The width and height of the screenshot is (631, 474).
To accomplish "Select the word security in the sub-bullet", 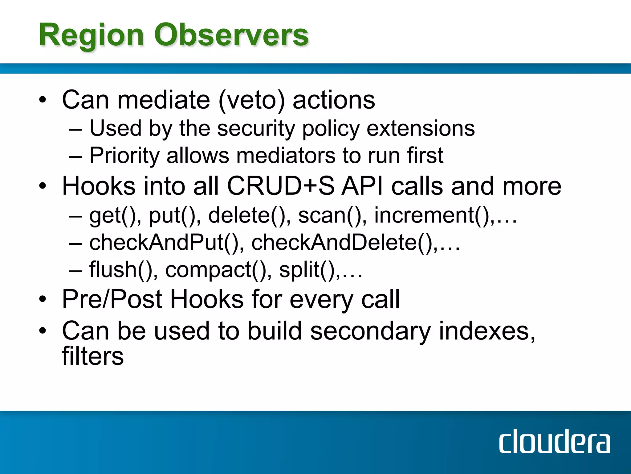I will (x=256, y=128).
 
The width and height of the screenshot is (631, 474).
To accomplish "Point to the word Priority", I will (x=124, y=156).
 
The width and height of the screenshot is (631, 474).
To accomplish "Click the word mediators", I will (x=286, y=156).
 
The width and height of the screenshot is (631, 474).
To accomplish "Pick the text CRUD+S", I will (x=280, y=186).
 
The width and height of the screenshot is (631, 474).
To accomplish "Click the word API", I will (x=362, y=186).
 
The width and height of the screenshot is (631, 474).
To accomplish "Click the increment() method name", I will (x=431, y=215).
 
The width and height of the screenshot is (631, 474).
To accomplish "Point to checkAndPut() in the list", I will (x=163, y=243).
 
